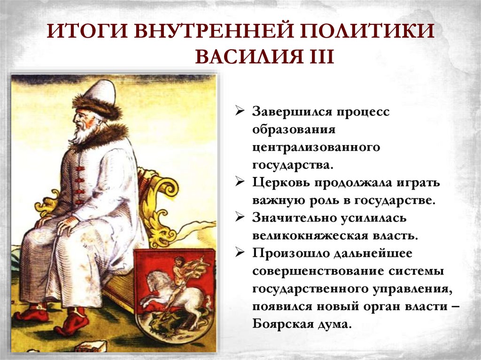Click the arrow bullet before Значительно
coord(240,218)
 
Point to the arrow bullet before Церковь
coord(240,183)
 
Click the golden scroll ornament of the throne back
coord(162,188)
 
